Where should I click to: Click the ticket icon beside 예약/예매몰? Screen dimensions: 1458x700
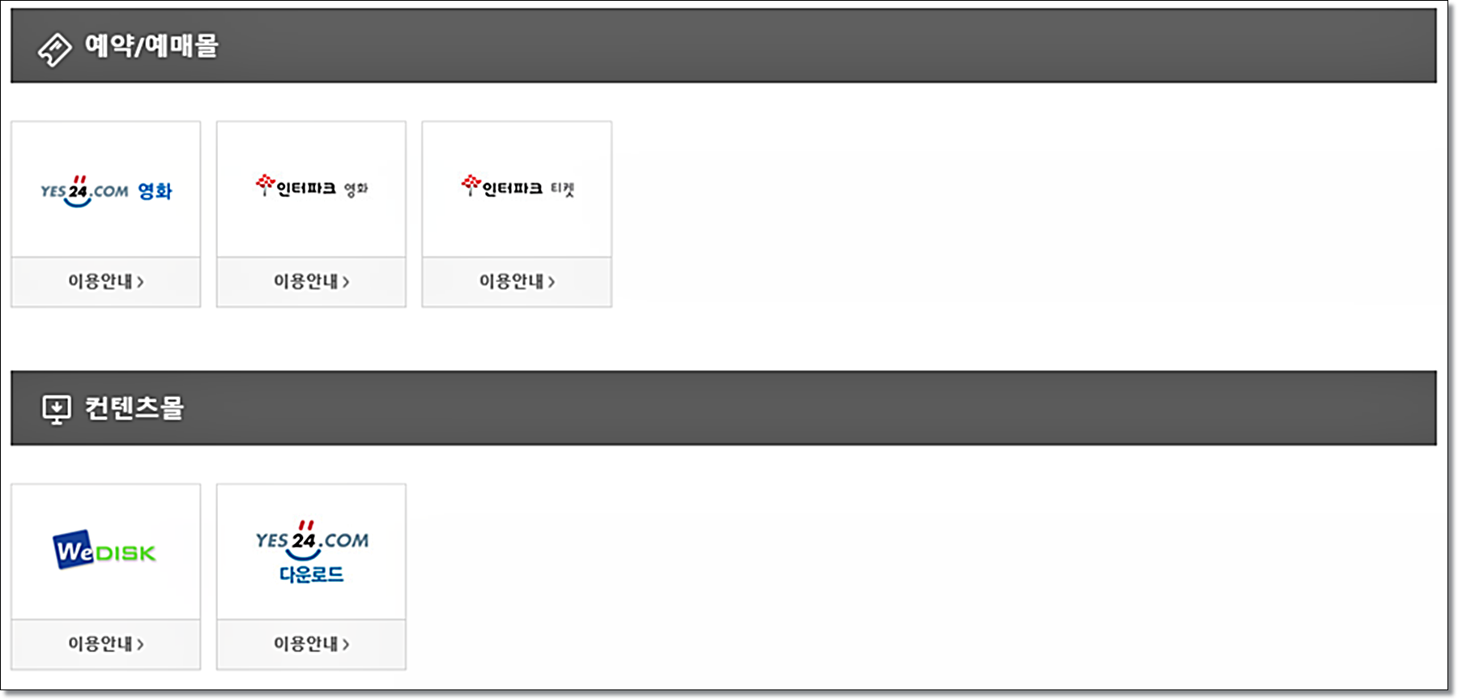54,49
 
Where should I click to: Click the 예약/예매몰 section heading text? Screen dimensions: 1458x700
151,46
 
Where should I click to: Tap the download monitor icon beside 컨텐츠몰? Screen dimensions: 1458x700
56,409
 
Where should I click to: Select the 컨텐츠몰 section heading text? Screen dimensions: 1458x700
134,408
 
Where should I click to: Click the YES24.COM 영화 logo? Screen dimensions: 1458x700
105,191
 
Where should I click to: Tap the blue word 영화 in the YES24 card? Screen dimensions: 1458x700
155,192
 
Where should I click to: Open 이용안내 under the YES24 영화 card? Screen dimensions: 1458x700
105,281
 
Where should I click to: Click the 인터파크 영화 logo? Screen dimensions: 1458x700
311,187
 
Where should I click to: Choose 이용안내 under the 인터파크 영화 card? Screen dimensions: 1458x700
311,281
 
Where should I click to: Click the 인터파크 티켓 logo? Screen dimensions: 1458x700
517,187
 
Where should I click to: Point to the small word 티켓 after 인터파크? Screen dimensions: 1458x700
562,190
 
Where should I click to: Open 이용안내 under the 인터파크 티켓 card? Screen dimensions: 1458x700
517,281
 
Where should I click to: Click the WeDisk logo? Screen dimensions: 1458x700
104,551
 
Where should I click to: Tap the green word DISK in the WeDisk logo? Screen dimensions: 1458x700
125,553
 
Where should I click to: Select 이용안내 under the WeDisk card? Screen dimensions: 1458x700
105,643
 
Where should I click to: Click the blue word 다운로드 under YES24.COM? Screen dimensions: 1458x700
311,574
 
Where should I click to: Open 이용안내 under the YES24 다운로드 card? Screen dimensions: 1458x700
311,643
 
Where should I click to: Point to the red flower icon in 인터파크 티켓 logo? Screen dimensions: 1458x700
471,184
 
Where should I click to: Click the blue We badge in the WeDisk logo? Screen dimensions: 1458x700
73,551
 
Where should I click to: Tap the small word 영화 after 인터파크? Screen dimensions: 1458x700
356,190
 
